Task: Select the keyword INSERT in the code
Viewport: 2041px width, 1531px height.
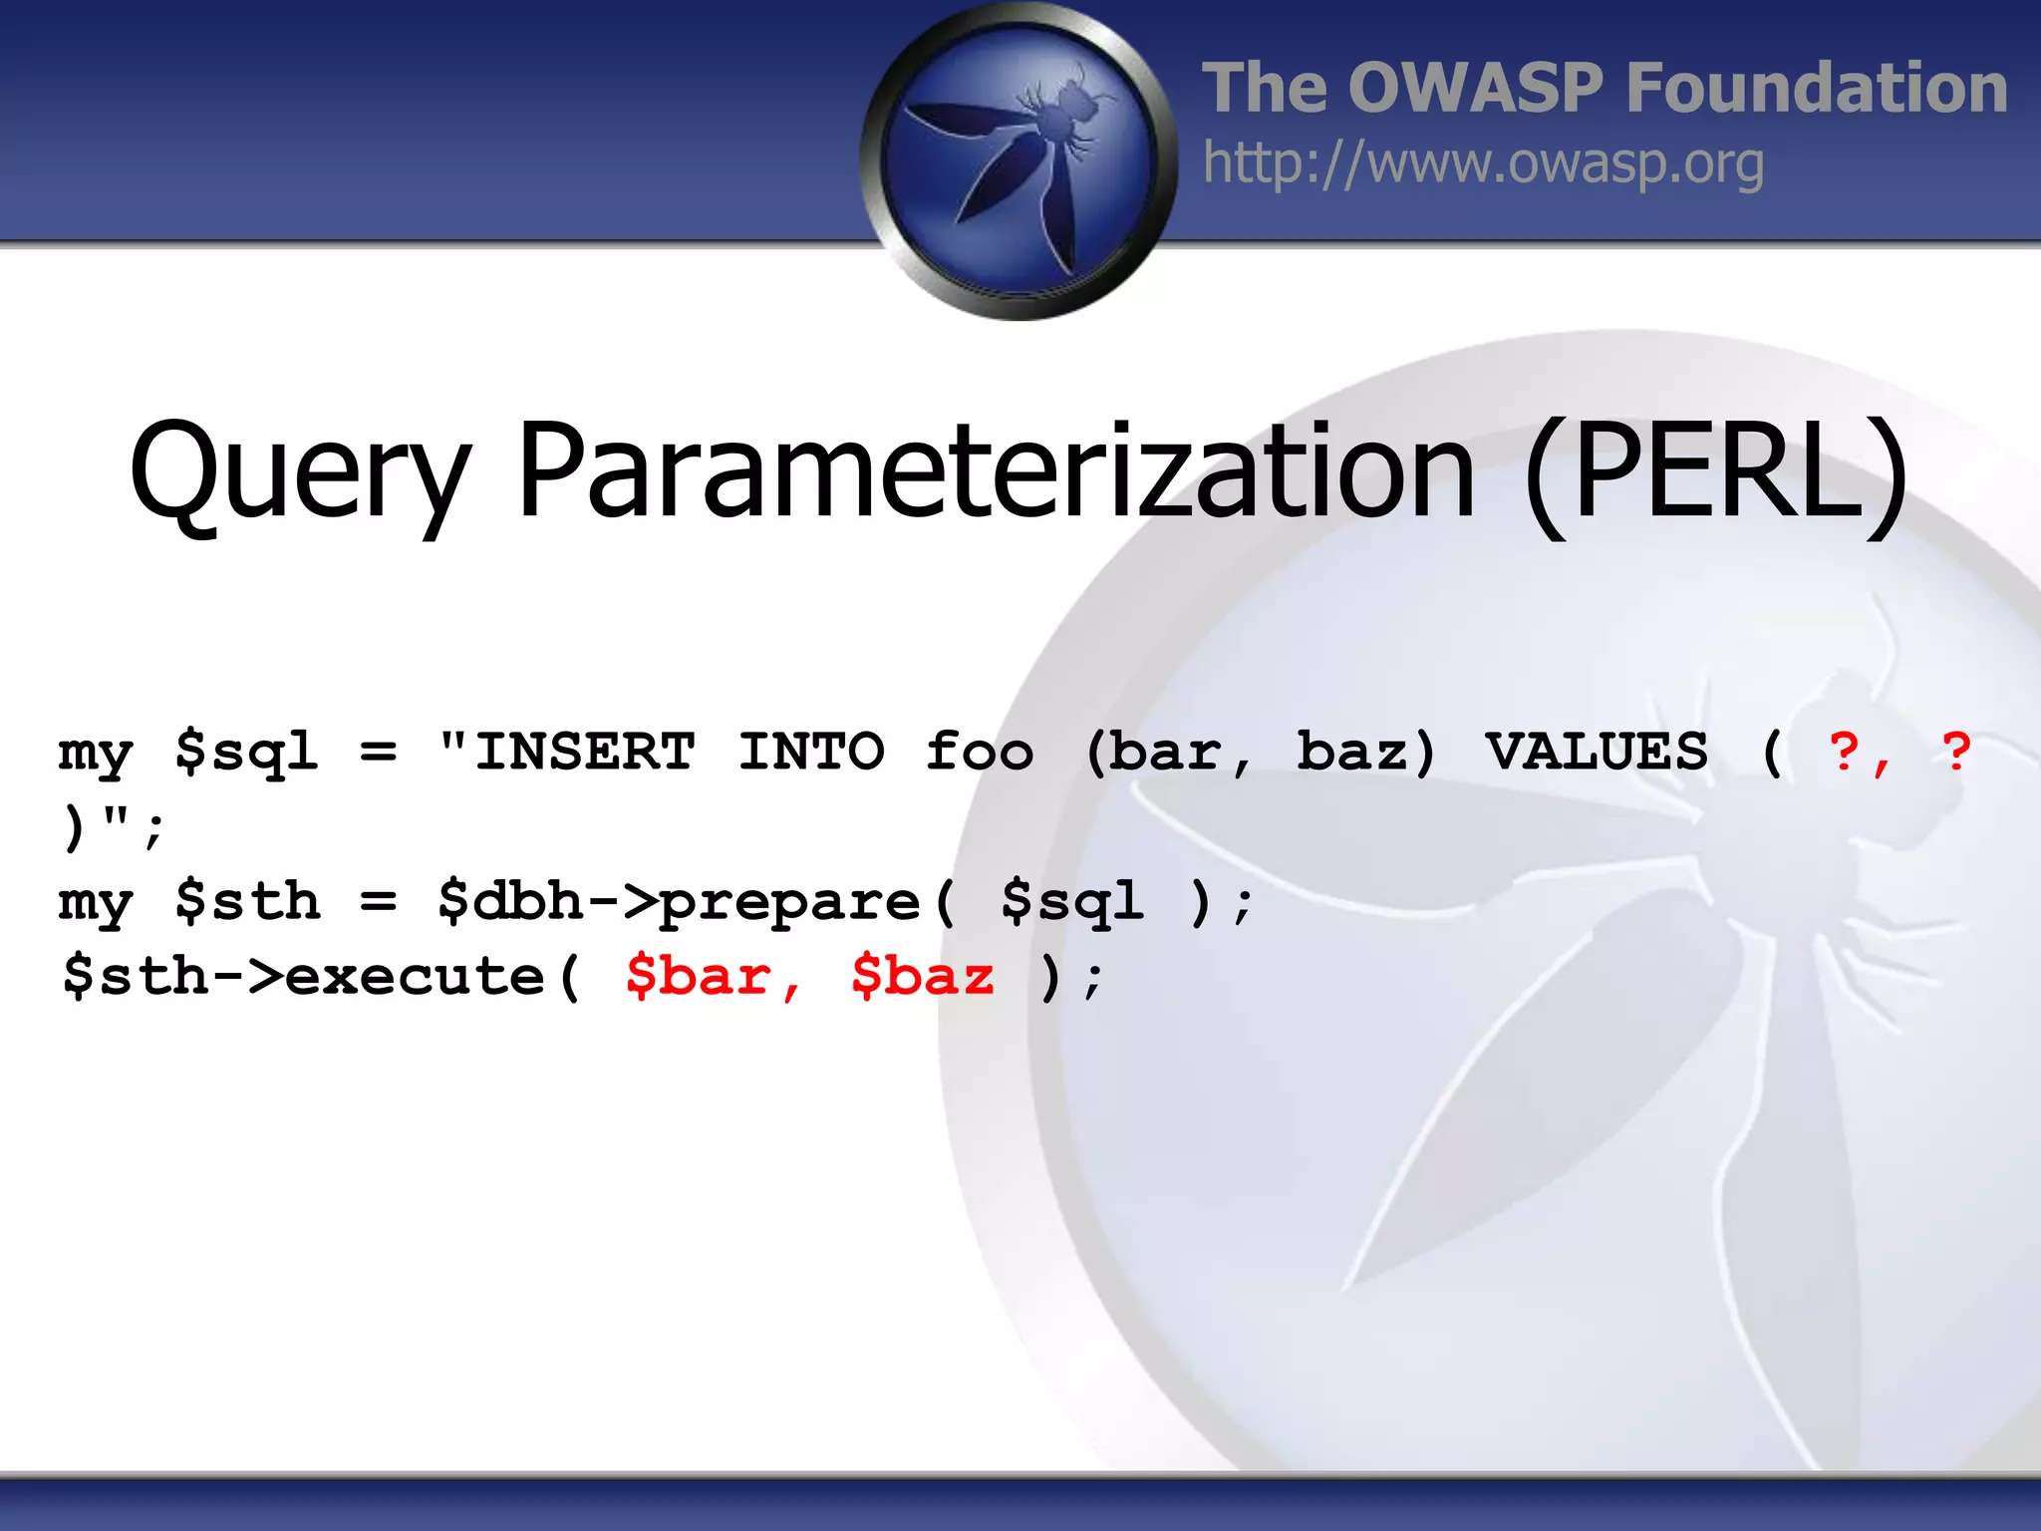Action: (585, 752)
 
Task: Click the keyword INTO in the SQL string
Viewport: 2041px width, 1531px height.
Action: (811, 752)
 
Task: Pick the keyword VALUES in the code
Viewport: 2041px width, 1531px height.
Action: (1597, 752)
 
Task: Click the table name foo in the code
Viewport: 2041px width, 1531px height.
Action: (980, 752)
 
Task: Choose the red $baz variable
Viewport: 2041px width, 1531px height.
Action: (923, 976)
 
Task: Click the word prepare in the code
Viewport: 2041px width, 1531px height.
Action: (790, 902)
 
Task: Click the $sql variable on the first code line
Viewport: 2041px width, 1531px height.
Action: (247, 752)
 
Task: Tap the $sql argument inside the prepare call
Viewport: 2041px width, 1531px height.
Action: (1072, 902)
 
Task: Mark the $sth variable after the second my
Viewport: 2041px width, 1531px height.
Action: (247, 902)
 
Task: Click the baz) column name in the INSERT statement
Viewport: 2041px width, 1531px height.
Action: (1365, 752)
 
